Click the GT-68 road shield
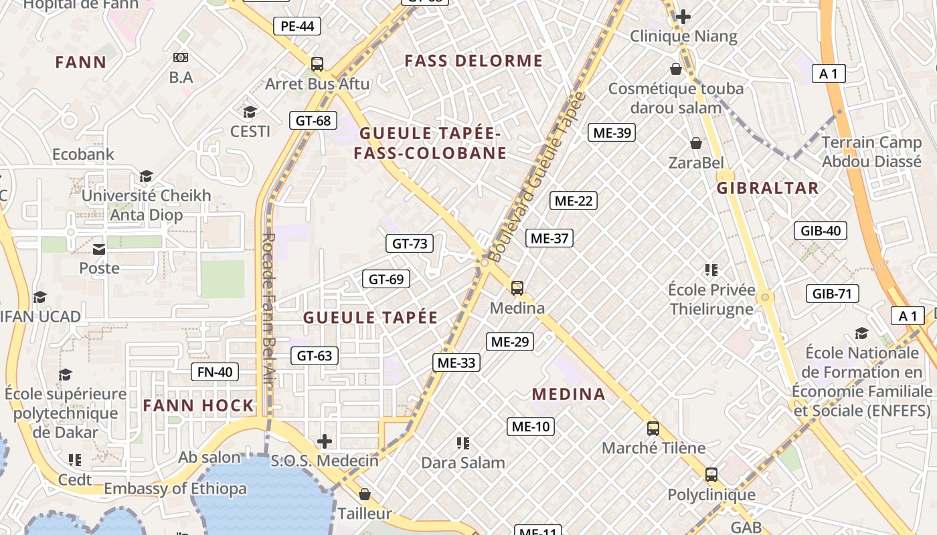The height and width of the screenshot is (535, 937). coord(314,120)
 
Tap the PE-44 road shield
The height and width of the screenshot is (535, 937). coord(297,26)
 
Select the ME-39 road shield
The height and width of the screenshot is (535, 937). coord(612,132)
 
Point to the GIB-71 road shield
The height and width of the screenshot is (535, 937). coord(832,294)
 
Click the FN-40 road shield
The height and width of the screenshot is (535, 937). coord(215,372)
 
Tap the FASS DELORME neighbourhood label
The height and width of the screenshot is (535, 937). coord(474,61)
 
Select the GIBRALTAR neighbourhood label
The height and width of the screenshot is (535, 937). coord(768,188)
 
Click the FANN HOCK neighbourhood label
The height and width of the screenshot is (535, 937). coord(199,405)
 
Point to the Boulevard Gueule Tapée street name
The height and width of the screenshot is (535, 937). coord(537,177)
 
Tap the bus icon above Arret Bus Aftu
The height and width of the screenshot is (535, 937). coord(317,64)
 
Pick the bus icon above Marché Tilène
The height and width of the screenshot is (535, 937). coord(653,429)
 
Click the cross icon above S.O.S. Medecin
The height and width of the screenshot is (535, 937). coord(325,441)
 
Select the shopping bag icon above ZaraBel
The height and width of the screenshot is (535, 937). coord(696,143)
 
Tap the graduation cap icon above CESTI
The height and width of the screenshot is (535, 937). coord(250,112)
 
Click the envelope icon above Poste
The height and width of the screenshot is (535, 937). coord(99,249)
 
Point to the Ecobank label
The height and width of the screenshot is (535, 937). coord(84,154)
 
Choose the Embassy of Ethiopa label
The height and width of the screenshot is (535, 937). coord(175,489)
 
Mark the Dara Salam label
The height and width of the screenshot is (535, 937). coord(463,462)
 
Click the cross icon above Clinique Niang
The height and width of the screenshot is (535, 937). coord(683,17)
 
